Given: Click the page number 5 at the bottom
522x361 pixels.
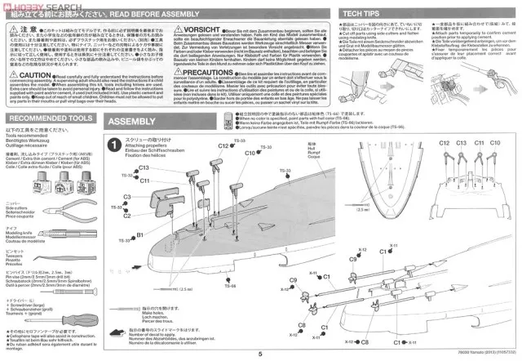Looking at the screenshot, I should [x=259, y=354].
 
